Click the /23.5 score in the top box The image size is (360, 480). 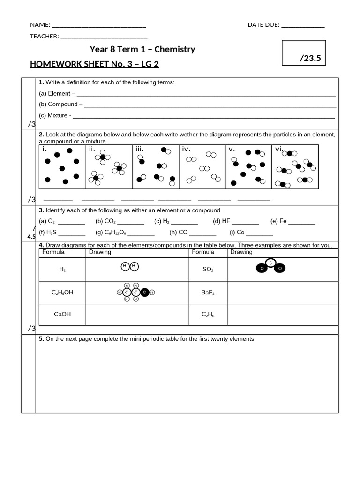click(x=312, y=58)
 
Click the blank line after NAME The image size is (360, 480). click(x=99, y=25)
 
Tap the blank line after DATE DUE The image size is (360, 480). click(x=302, y=25)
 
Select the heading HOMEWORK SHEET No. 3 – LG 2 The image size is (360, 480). click(x=94, y=64)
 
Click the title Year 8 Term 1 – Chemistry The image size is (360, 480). click(x=142, y=49)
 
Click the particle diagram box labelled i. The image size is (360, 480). click(x=62, y=166)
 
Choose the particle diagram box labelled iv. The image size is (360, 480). click(x=202, y=166)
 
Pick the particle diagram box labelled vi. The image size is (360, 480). click(x=295, y=166)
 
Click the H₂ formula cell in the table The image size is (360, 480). click(x=62, y=269)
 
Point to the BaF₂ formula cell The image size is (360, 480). click(x=208, y=292)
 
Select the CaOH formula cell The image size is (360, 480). click(x=62, y=315)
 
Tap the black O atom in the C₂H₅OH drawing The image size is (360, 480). click(x=145, y=292)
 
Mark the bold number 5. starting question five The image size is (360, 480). click(x=41, y=338)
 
